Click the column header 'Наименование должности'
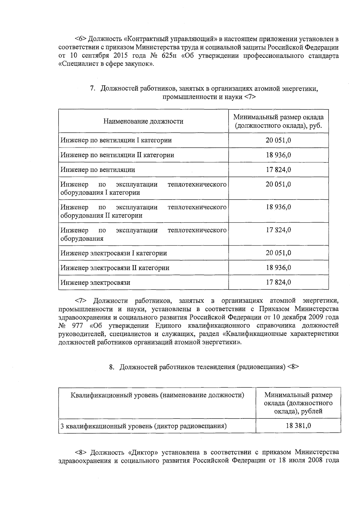[143, 121]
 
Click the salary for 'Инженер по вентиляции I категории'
[278, 140]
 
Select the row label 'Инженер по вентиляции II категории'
[117, 155]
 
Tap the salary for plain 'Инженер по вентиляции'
[278, 169]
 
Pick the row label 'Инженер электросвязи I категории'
[114, 253]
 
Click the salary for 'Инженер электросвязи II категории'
[278, 268]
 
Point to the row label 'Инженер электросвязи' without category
[95, 282]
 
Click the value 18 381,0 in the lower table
[298, 425]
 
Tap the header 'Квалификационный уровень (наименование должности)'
[157, 395]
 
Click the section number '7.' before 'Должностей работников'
[93, 88]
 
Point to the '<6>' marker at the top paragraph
[80, 39]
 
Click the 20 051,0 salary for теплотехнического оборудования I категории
[278, 184]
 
